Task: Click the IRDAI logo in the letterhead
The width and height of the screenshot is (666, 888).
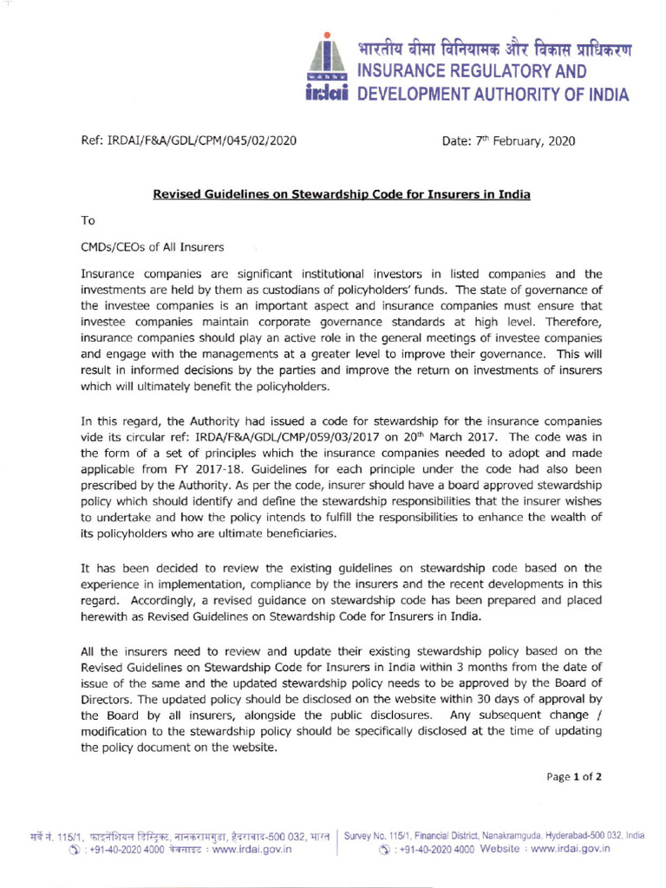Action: [x=330, y=69]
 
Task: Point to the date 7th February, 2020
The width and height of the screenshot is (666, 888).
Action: [x=508, y=140]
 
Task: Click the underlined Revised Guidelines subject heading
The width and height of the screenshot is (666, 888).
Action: [x=342, y=195]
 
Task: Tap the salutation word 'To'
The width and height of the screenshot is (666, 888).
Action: [x=88, y=220]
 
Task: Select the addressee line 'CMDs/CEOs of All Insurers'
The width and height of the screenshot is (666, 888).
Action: [x=153, y=247]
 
